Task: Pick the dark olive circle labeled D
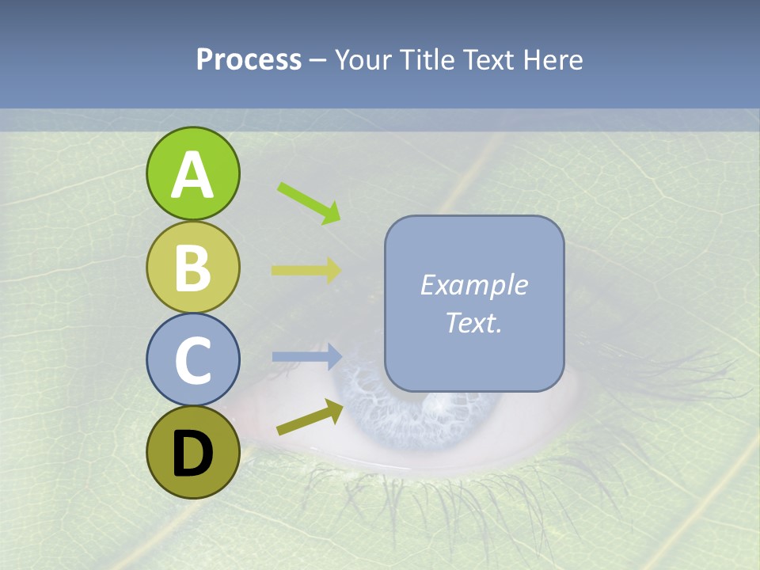[192, 453]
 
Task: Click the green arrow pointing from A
[309, 203]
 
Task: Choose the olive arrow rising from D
[310, 417]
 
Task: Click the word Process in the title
[249, 59]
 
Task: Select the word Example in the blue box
[473, 285]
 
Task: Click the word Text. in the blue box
[473, 322]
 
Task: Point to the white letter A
[192, 176]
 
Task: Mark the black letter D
[192, 454]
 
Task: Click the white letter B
[192, 268]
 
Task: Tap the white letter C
[192, 361]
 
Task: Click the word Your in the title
[363, 59]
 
